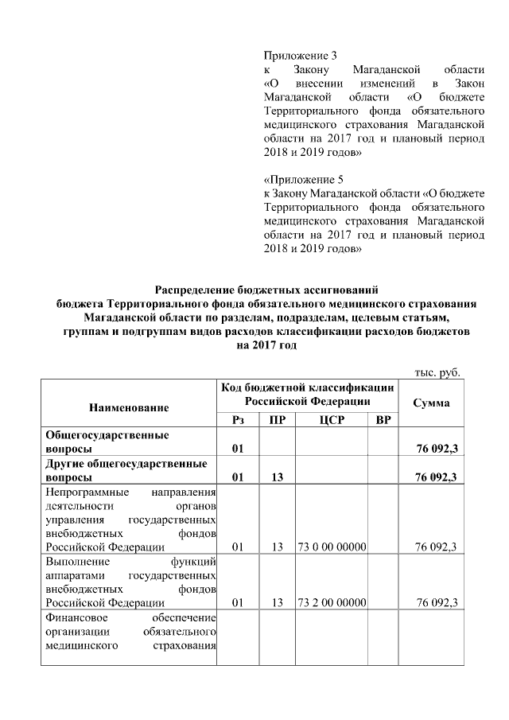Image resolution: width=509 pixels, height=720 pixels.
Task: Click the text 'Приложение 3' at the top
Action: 300,56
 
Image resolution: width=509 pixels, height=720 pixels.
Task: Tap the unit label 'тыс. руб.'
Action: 438,372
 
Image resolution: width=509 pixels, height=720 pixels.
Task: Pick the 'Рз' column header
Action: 237,419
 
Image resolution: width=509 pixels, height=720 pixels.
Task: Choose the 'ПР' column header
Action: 278,419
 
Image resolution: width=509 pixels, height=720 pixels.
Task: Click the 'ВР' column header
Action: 383,419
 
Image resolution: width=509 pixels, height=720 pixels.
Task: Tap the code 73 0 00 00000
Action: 331,547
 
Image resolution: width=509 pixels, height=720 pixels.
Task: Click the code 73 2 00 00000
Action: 331,602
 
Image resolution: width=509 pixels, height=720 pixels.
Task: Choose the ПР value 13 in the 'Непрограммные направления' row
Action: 278,547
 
